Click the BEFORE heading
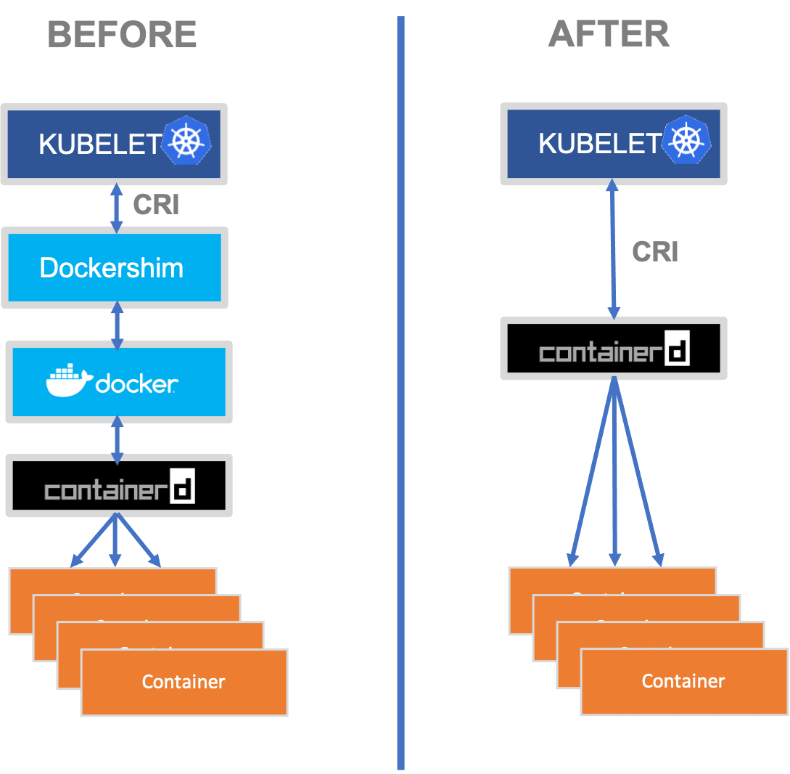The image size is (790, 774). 123,35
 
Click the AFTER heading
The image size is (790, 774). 609,35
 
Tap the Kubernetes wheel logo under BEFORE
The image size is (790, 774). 186,139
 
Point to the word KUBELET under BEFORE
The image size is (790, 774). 99,144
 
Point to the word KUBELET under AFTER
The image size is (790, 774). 599,144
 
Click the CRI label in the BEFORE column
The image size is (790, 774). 156,205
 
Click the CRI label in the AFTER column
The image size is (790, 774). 655,252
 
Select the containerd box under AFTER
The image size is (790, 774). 614,349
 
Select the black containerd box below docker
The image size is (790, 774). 119,486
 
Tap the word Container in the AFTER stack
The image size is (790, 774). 683,681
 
